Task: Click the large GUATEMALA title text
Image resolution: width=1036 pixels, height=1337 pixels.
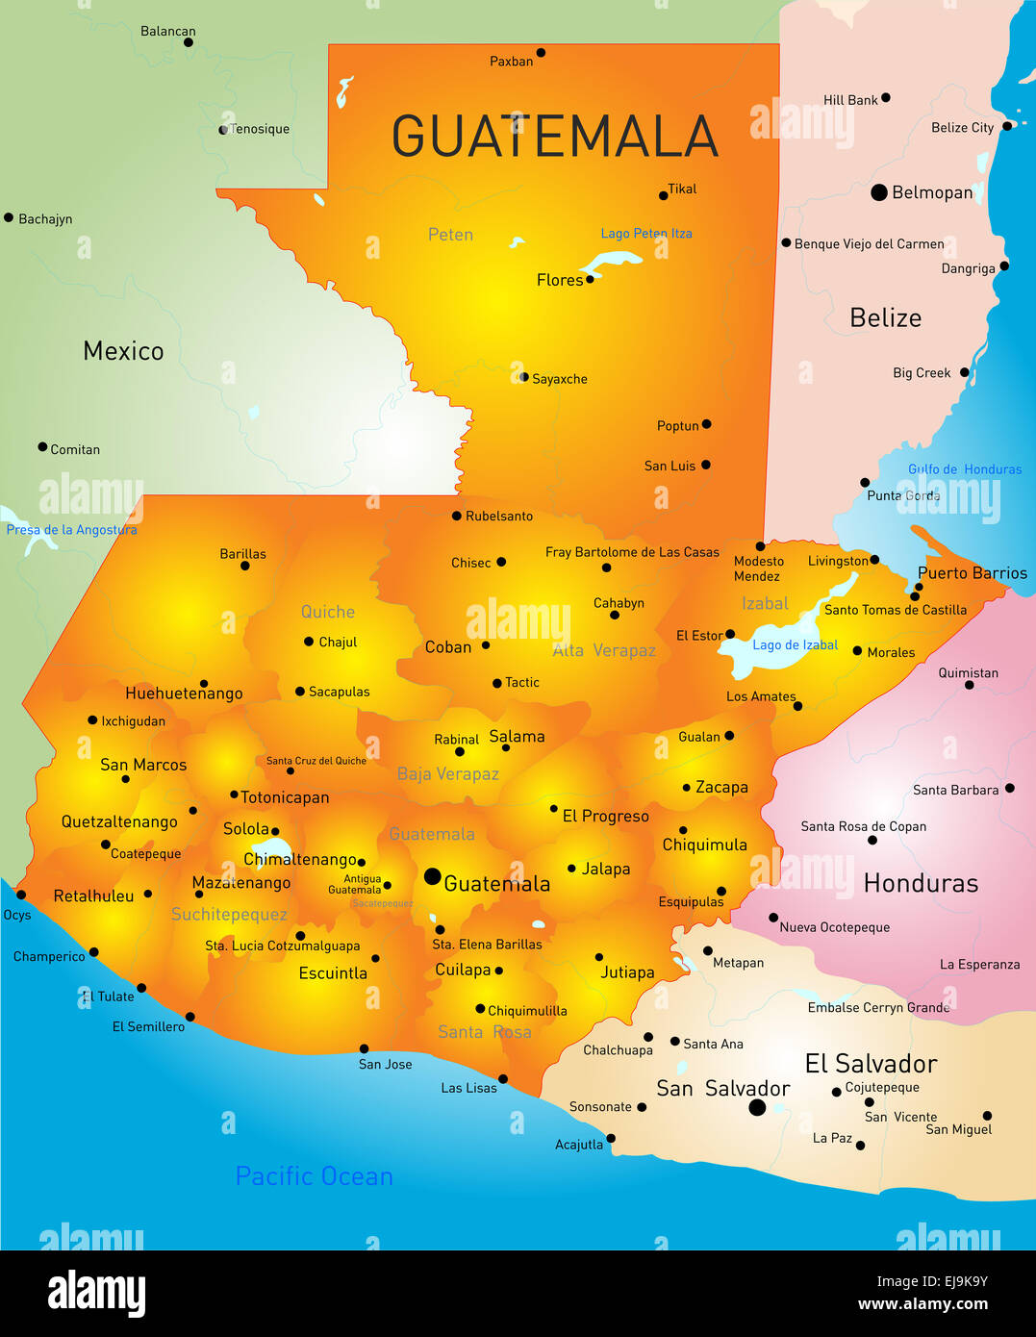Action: (x=555, y=137)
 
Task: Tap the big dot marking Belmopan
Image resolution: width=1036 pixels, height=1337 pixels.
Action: (x=878, y=192)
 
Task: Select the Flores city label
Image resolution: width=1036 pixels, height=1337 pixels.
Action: (x=559, y=280)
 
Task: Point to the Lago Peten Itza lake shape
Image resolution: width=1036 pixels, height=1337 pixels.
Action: (x=610, y=262)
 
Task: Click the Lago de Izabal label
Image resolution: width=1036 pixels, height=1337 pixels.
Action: (x=795, y=645)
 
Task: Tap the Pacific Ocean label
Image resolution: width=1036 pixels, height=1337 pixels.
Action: (x=314, y=1176)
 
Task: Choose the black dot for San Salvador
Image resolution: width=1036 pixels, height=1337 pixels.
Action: (x=757, y=1107)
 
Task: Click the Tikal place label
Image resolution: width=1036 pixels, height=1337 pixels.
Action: (x=682, y=189)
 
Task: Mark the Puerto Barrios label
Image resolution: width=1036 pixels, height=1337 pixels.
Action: (x=972, y=573)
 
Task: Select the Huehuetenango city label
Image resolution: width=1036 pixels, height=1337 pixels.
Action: (x=184, y=694)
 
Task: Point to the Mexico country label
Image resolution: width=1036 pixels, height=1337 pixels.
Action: (x=123, y=351)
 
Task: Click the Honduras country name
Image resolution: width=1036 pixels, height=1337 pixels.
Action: (x=920, y=883)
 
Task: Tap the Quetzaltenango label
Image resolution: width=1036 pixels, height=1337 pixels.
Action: (x=119, y=821)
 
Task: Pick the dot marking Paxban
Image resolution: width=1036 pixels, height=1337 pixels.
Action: (x=541, y=53)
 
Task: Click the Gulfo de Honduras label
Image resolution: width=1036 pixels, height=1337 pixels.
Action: (x=965, y=469)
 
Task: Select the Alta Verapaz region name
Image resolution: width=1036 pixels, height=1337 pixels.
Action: (x=604, y=650)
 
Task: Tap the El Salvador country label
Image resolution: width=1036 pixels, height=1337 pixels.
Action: (x=871, y=1064)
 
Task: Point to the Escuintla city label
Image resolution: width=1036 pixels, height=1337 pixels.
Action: (x=333, y=973)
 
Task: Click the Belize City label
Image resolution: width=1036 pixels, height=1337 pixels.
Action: (x=962, y=128)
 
